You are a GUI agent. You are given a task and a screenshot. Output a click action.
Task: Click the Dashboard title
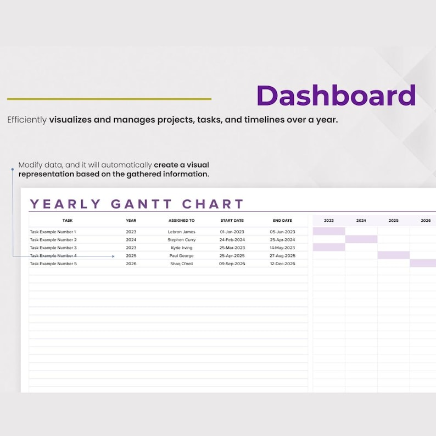[x=336, y=96]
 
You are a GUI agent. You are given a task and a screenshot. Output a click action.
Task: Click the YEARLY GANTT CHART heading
[x=137, y=204]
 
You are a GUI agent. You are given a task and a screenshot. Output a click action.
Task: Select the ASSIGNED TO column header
[x=181, y=221]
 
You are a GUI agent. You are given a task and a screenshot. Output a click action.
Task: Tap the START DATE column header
[x=232, y=221]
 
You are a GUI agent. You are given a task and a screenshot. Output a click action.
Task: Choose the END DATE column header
[x=282, y=221]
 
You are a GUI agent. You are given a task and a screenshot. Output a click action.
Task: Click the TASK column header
[x=68, y=221]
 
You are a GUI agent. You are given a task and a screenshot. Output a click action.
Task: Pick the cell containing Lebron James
[x=181, y=232]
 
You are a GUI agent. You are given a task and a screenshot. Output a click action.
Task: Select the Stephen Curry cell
[x=181, y=240]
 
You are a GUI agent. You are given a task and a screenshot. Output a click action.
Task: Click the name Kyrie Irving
[x=181, y=248]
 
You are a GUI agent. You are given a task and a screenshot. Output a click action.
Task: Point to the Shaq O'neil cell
[x=181, y=264]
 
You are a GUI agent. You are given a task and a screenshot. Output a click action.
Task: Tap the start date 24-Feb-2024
[x=232, y=240]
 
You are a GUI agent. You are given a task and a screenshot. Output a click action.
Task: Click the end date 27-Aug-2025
[x=282, y=256]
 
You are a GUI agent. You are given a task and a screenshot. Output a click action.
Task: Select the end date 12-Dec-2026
[x=282, y=264]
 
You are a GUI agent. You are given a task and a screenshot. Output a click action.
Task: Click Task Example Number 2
[x=53, y=240]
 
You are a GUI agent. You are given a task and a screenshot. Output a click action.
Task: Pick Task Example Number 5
[x=53, y=264]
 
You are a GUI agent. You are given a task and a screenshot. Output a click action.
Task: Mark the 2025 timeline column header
[x=393, y=221]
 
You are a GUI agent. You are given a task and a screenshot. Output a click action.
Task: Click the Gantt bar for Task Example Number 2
[x=361, y=239]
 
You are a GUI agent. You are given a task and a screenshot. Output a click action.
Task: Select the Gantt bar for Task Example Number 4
[x=393, y=255]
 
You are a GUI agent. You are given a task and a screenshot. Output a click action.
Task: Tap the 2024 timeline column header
[x=361, y=221]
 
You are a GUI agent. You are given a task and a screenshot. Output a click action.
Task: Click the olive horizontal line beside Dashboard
[x=109, y=99]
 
